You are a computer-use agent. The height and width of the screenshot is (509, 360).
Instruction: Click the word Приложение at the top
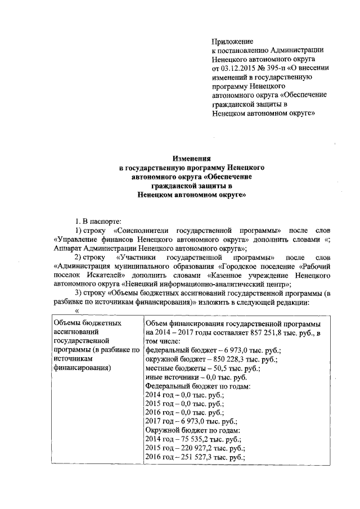(x=232, y=41)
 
